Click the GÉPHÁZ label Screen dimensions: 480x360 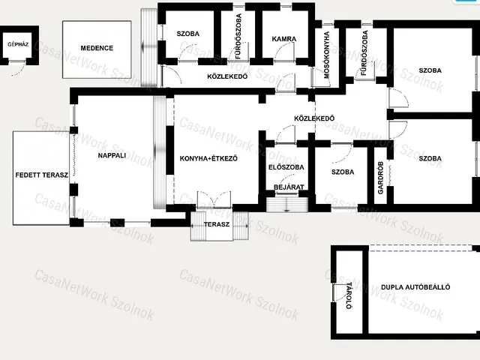click(18, 44)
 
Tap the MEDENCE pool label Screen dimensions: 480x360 click(97, 48)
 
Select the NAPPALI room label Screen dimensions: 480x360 click(112, 155)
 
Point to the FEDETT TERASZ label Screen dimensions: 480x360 click(42, 175)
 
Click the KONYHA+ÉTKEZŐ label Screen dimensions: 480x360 click(208, 158)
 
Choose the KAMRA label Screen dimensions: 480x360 click(284, 39)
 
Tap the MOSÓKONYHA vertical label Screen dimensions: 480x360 click(327, 55)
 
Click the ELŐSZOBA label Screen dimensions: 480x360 click(286, 167)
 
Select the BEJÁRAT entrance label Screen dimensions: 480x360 click(289, 187)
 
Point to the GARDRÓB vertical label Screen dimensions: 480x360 click(380, 178)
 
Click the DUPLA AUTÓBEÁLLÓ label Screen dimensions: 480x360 click(415, 287)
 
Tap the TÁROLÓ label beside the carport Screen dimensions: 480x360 click(349, 295)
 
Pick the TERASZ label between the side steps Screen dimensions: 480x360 click(217, 224)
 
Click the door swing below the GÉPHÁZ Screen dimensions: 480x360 click(18, 68)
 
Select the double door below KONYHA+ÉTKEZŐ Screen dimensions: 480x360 click(214, 200)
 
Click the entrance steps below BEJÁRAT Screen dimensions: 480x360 click(286, 205)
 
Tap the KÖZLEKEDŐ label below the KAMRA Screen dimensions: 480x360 click(227, 76)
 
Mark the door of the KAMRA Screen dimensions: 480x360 click(285, 52)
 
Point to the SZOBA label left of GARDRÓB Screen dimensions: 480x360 click(343, 172)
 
